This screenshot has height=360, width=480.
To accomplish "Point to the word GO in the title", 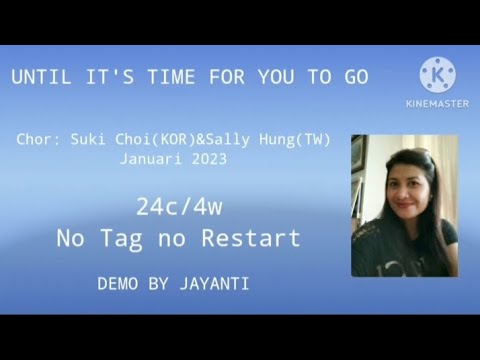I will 355,77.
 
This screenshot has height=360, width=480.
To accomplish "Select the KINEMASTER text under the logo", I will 437,102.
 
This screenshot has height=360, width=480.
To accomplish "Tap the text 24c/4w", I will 179,208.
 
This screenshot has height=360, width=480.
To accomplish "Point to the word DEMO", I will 118,284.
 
